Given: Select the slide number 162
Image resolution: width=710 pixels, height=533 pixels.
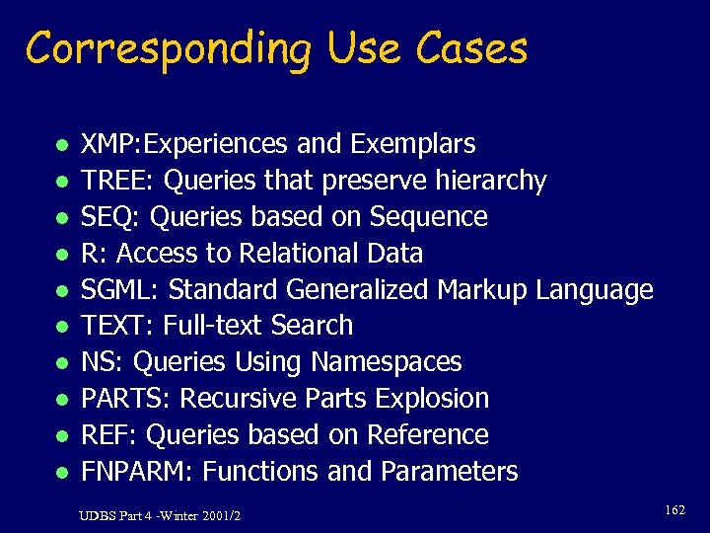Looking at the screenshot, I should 674,510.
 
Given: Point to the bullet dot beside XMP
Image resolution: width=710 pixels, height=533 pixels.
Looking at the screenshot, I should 60,145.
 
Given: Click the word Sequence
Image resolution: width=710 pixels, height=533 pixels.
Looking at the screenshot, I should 429,218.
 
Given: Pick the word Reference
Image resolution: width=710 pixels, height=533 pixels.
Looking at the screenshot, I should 428,435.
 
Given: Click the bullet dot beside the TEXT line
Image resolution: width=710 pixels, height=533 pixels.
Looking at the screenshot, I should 60,327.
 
